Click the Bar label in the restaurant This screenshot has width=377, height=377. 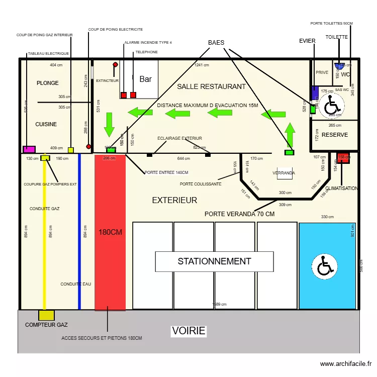point(145,79)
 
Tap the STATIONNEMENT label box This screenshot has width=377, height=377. point(214,261)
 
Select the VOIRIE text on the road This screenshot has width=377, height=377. point(189,331)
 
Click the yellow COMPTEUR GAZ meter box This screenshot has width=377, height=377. point(46,315)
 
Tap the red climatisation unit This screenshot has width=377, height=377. point(343,158)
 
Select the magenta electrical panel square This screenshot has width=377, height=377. point(29,149)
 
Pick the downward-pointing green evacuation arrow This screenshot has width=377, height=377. point(109,124)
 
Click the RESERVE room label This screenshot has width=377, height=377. point(335,135)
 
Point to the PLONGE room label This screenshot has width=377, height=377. point(48,83)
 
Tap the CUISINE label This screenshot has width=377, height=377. point(46,124)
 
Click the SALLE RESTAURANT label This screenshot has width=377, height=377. point(211,86)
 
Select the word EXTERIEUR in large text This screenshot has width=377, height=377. point(174,200)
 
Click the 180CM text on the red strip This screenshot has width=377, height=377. point(110,232)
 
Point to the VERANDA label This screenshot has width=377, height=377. point(284,173)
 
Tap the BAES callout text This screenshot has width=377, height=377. point(216,43)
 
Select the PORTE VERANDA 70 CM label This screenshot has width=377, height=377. point(239,214)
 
